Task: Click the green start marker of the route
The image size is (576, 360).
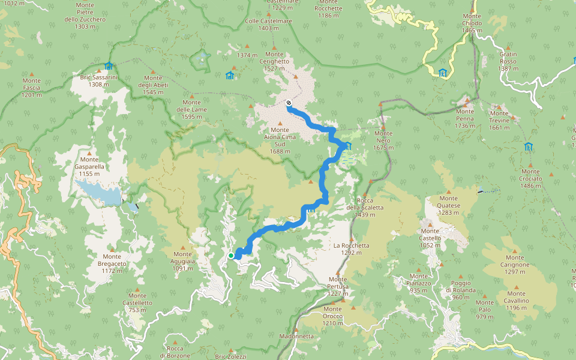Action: tap(231, 256)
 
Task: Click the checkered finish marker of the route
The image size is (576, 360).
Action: tap(289, 103)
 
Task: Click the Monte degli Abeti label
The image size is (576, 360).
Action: tap(153, 85)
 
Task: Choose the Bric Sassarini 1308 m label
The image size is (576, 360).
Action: tap(99, 80)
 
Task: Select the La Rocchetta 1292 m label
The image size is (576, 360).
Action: tap(352, 249)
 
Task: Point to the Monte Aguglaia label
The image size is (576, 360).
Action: tap(182, 265)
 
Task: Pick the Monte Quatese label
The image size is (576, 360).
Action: tap(449, 205)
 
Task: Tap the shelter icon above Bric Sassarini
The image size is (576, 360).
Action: tap(109, 65)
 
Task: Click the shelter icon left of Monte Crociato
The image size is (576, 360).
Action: tap(528, 146)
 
